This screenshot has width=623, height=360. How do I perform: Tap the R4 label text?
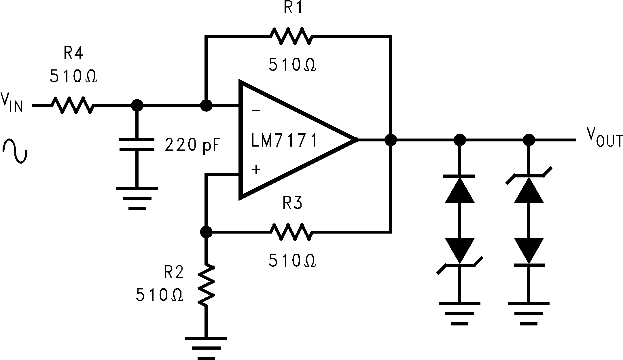pos(73,53)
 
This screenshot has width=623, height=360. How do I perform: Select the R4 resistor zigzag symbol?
pos(73,105)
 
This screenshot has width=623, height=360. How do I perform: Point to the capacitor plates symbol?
pos(137,145)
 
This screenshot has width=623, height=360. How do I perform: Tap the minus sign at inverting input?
pos(256,110)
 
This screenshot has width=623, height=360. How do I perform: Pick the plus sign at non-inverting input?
pos(256,170)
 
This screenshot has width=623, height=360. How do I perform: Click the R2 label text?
pos(174,272)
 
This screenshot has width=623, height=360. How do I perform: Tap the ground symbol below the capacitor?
pos(137,198)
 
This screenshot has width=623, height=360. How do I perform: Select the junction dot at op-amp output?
pos(391,140)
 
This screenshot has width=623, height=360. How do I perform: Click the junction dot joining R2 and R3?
pos(206,232)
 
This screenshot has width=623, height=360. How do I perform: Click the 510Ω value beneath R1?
pos(292,65)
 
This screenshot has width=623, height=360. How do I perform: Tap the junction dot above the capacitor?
pos(137,105)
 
